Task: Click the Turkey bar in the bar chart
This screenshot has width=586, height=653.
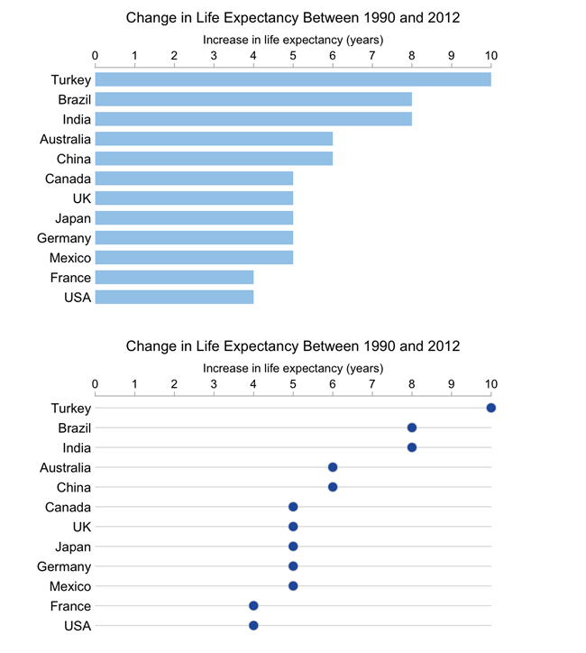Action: pyautogui.click(x=293, y=79)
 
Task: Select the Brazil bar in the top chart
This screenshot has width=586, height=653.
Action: pyautogui.click(x=253, y=99)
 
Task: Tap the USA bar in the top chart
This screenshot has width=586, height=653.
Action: pyautogui.click(x=174, y=297)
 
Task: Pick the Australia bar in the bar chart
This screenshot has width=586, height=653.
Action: pyautogui.click(x=214, y=139)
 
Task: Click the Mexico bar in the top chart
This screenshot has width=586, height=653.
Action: pyautogui.click(x=194, y=258)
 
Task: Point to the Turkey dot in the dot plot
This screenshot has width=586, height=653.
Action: pyautogui.click(x=491, y=408)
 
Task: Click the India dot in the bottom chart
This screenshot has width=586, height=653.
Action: pyautogui.click(x=412, y=447)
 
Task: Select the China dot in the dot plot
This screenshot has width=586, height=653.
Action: pyautogui.click(x=333, y=487)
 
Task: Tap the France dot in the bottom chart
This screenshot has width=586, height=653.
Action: pyautogui.click(x=253, y=606)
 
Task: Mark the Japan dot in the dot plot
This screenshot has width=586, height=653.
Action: pyautogui.click(x=293, y=547)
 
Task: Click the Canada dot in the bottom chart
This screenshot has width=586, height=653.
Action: pyautogui.click(x=293, y=507)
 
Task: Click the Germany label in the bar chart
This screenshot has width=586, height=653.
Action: pyautogui.click(x=64, y=238)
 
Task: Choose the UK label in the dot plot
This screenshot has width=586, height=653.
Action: pyautogui.click(x=81, y=527)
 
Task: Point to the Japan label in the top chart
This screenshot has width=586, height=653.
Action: pyautogui.click(x=73, y=218)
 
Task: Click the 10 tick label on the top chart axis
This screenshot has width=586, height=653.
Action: pyautogui.click(x=491, y=57)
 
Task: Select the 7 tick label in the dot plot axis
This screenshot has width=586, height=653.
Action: pyautogui.click(x=372, y=385)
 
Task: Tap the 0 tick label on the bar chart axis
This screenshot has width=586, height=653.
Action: pyautogui.click(x=96, y=57)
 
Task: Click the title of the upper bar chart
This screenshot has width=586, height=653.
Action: pyautogui.click(x=293, y=17)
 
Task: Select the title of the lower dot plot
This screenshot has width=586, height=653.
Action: pyautogui.click(x=293, y=345)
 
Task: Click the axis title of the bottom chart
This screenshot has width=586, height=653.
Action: pyautogui.click(x=293, y=368)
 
